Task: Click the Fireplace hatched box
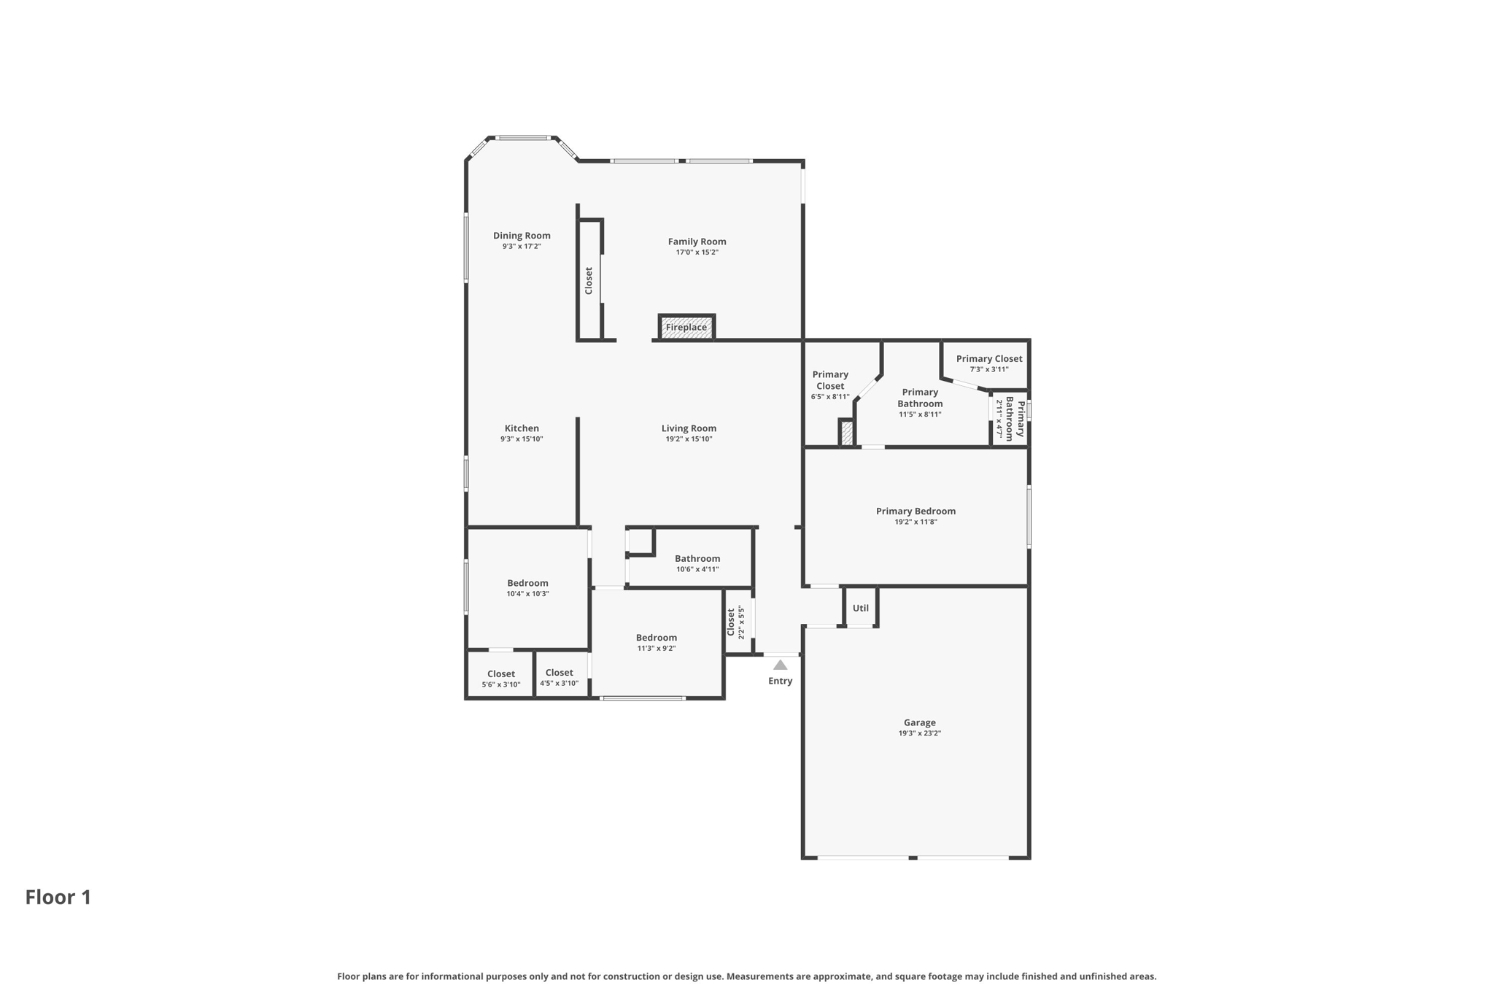coord(686,328)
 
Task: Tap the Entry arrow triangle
coord(780,665)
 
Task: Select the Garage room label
coord(919,722)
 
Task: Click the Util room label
coord(861,608)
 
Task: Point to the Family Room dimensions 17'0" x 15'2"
coord(697,252)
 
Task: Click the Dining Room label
coord(522,236)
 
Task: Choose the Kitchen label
coord(522,428)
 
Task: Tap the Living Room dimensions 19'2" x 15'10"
coord(689,439)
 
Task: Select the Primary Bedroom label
coord(916,511)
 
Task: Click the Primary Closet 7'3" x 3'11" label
coord(989,358)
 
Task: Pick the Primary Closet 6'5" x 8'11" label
coord(830,380)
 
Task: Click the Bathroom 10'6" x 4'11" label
coord(697,558)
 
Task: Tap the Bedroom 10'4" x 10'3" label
coord(527,583)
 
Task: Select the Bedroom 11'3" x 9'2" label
coord(656,638)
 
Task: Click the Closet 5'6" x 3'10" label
coord(501,674)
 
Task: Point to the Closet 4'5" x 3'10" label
coord(559,673)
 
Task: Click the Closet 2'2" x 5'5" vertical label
coord(731,622)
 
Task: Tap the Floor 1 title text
coord(58,897)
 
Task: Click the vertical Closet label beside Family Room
coord(589,281)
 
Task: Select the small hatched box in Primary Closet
coord(847,433)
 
